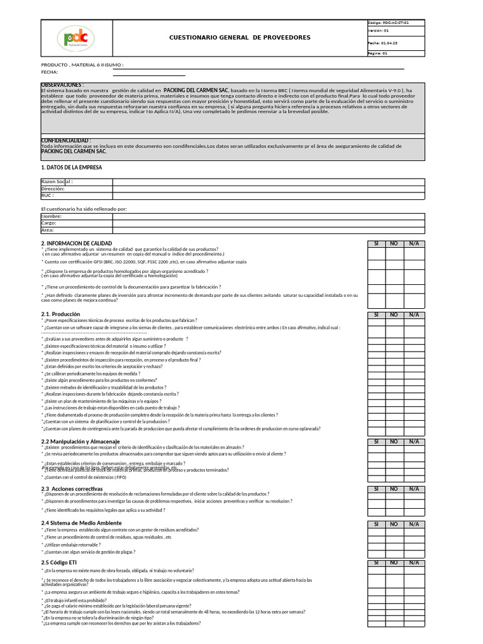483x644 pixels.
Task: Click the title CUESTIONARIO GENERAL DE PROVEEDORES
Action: click(240, 38)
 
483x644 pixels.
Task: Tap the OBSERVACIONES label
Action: click(62, 84)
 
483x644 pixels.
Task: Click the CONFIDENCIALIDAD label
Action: click(65, 140)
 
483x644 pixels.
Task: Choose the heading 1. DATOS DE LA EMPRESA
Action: click(71, 167)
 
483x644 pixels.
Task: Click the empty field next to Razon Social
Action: click(269, 182)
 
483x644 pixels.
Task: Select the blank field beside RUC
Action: click(269, 195)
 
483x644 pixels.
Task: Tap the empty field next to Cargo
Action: click(269, 223)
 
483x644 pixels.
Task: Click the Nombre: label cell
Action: click(76, 216)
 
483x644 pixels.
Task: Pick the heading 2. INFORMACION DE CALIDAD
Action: click(76, 243)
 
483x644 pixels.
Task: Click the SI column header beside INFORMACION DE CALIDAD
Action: click(376, 243)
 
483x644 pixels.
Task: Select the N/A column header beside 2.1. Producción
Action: click(414, 314)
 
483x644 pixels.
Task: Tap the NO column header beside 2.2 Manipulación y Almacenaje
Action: click(394, 441)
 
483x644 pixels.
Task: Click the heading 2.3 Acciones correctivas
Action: click(71, 489)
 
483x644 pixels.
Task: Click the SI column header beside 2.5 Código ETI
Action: click(376, 562)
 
